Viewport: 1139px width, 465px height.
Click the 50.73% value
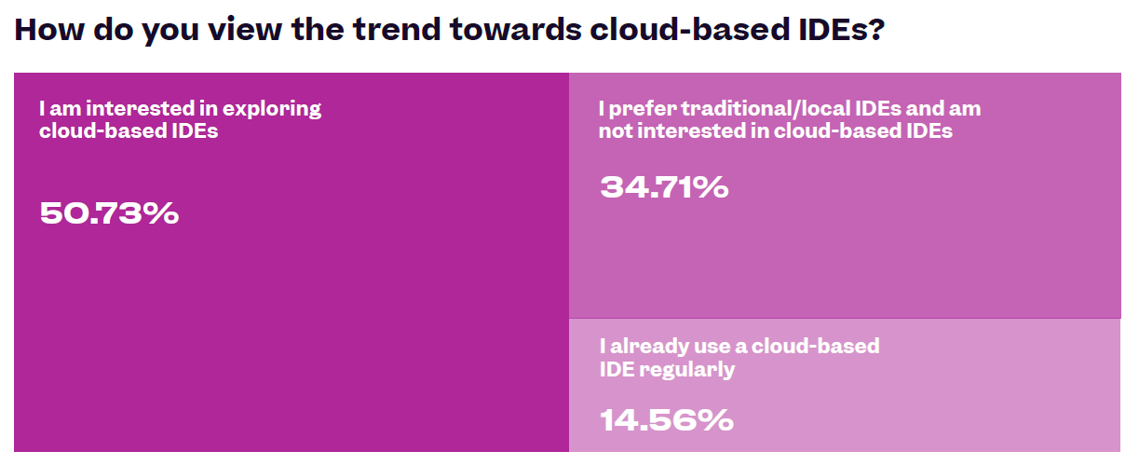(x=109, y=212)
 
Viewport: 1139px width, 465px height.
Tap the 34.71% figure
(x=664, y=186)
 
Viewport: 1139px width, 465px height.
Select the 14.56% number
(x=667, y=420)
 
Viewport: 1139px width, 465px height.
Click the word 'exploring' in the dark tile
(x=272, y=109)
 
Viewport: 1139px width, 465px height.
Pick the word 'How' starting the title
(x=49, y=29)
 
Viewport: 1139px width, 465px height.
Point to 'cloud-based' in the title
(x=686, y=29)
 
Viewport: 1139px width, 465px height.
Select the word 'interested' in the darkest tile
(x=140, y=108)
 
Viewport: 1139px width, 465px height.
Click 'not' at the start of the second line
(x=615, y=131)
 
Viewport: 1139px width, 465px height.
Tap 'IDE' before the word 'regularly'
(x=617, y=369)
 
